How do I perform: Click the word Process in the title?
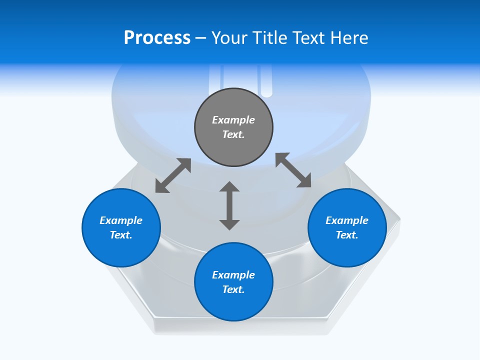click(x=157, y=38)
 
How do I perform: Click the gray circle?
click(x=233, y=127)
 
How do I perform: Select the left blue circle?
click(x=121, y=227)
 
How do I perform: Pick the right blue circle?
click(x=347, y=227)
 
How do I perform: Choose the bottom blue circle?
click(x=233, y=281)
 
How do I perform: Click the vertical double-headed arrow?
click(x=229, y=205)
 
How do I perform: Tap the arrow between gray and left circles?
click(x=173, y=175)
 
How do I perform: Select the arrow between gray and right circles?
click(x=293, y=170)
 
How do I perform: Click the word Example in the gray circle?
click(x=233, y=120)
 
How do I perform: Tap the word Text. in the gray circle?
click(x=233, y=134)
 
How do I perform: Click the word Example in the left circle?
click(x=121, y=220)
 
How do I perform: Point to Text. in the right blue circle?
click(x=347, y=235)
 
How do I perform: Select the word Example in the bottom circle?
click(x=233, y=275)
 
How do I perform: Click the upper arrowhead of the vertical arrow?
click(x=229, y=186)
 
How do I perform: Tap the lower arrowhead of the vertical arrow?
click(x=229, y=225)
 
